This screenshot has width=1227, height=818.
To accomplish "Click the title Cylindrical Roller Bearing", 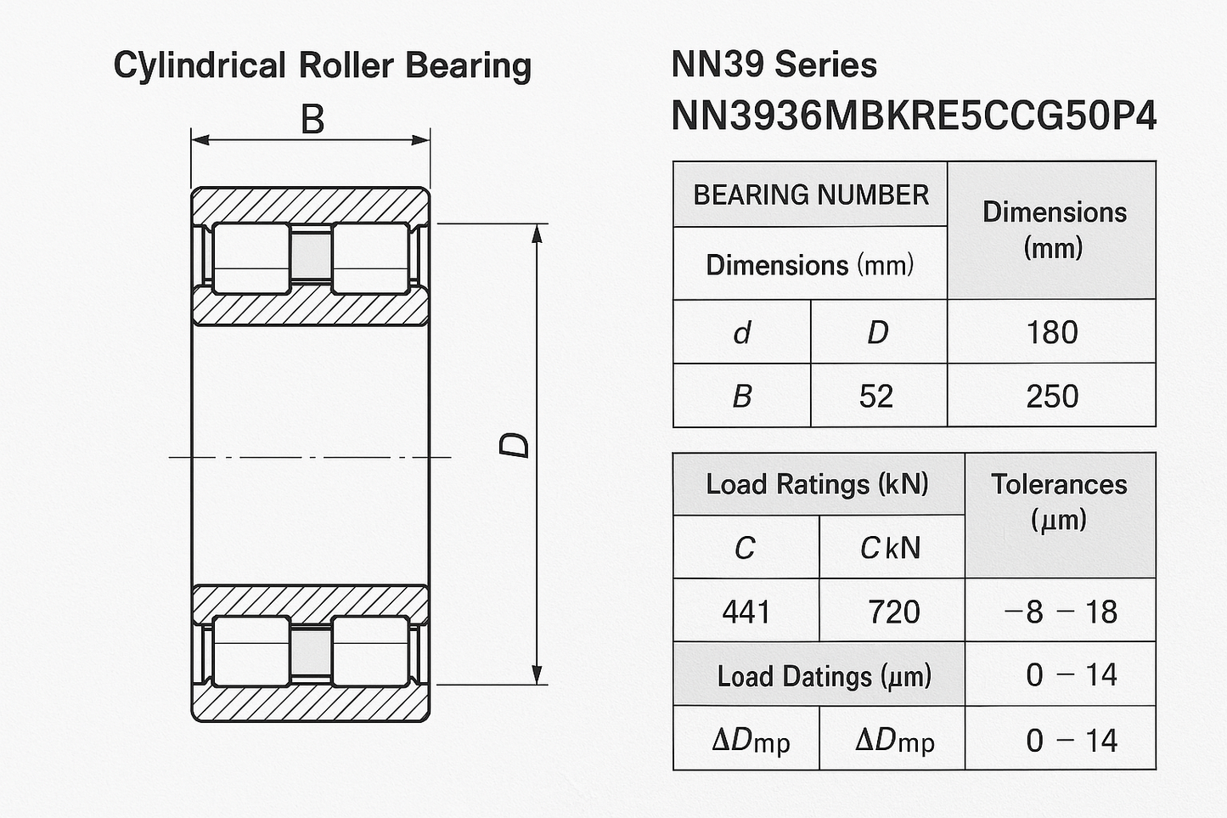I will [x=322, y=65].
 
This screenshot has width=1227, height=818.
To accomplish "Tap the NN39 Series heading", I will [x=774, y=65].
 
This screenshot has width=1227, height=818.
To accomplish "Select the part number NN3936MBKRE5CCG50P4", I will [x=913, y=116].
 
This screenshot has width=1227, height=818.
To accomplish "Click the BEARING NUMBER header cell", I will [x=810, y=195].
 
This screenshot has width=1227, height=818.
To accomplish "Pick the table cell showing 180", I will [x=1051, y=332].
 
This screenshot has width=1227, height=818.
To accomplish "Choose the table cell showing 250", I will [x=1051, y=396].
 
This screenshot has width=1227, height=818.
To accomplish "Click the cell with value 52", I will [x=877, y=396].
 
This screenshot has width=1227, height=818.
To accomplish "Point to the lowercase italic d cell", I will [x=741, y=332].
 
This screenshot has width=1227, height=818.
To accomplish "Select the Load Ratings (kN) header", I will [x=817, y=484].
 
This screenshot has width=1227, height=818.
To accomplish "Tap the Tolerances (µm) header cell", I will [x=1059, y=501].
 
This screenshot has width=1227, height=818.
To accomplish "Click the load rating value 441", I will [x=746, y=612].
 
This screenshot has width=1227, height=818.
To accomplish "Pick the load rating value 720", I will [x=892, y=612].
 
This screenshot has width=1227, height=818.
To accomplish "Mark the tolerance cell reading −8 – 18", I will [x=1060, y=612].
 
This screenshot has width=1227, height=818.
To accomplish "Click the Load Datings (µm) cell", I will [x=823, y=676].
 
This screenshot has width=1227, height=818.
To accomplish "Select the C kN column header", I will [x=891, y=548].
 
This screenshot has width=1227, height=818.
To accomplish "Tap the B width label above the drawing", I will [x=312, y=120].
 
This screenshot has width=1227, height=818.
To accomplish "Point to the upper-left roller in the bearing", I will [x=250, y=258].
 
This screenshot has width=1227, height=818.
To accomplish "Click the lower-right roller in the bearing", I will [x=369, y=652].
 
